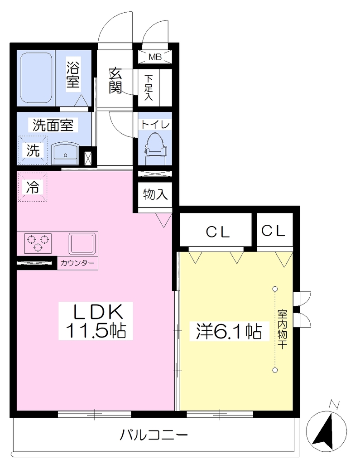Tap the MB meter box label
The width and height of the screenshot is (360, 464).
(155, 57)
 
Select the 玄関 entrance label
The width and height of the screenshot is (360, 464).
(115, 81)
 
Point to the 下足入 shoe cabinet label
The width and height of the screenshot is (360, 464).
(149, 87)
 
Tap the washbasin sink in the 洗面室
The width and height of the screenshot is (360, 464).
(65, 153)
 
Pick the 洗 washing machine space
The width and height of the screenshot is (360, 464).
(33, 150)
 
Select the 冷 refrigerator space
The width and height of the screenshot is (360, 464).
(33, 187)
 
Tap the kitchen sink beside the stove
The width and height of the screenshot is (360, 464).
(83, 243)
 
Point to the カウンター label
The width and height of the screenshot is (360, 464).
(77, 263)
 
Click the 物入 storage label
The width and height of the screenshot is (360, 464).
(155, 195)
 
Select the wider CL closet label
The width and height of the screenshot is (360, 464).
(218, 232)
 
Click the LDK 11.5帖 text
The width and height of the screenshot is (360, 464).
(96, 321)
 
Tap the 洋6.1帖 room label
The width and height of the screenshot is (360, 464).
(229, 331)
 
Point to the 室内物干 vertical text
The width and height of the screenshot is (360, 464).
(282, 329)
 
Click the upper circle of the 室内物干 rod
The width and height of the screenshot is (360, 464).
(275, 289)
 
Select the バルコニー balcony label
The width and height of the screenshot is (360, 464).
(154, 435)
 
